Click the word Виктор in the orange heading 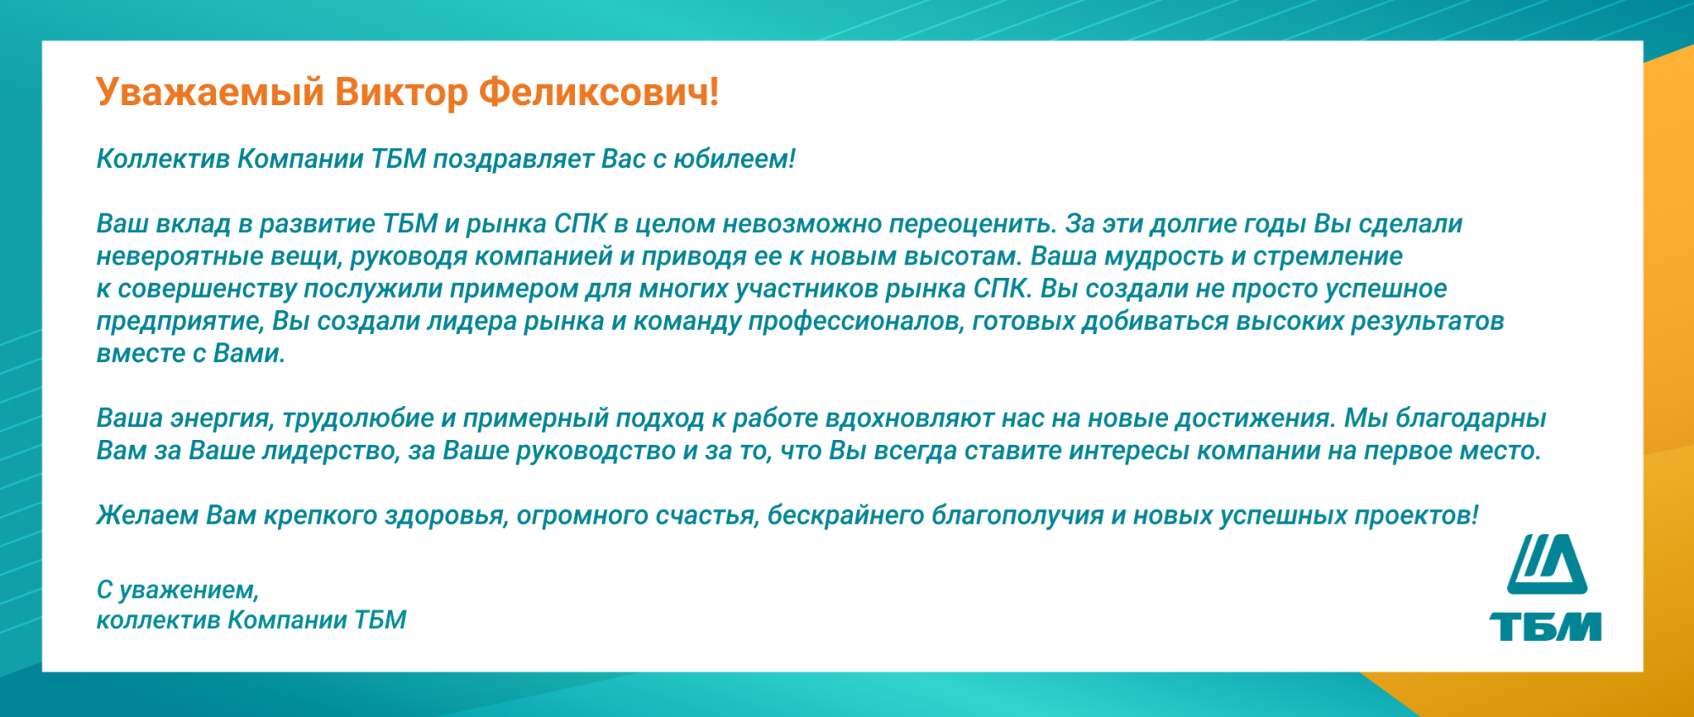[401, 92]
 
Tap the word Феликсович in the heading [599, 92]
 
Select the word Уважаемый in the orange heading [210, 92]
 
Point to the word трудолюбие [358, 419]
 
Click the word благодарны [1470, 419]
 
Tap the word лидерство [330, 451]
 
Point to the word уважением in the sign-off [189, 590]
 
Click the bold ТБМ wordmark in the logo [1546, 626]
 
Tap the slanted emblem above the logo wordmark [1547, 564]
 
